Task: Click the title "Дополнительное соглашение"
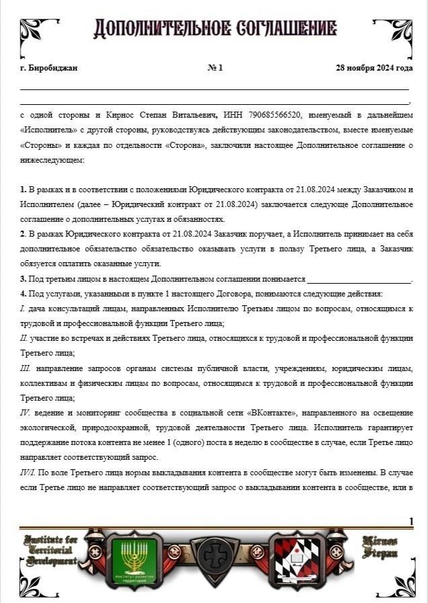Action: (x=215, y=28)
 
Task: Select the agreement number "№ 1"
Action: (x=215, y=68)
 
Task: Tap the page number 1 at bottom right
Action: (x=411, y=522)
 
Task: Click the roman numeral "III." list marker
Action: (x=26, y=368)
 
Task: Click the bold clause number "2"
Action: (x=22, y=234)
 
